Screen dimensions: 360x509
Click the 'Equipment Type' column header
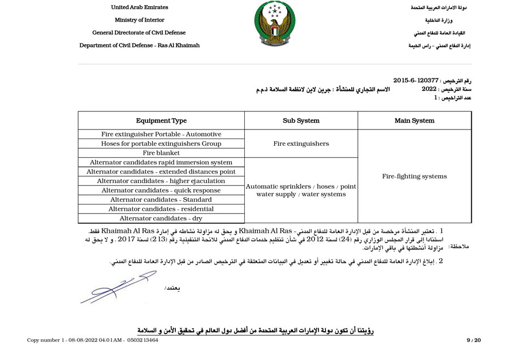pyautogui.click(x=161, y=120)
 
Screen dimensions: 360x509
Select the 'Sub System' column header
pyautogui.click(x=301, y=120)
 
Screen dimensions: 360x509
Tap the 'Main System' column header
pyautogui.click(x=415, y=120)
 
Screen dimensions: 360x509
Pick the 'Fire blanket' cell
pyautogui.click(x=161, y=153)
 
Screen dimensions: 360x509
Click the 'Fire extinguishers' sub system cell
pyautogui.click(x=301, y=144)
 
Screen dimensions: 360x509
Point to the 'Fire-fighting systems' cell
pyautogui.click(x=415, y=176)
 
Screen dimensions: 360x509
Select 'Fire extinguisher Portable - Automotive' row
pyautogui.click(x=161, y=135)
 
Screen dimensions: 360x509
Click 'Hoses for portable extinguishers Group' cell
pyautogui.click(x=161, y=144)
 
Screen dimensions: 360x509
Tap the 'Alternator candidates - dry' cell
pyautogui.click(x=161, y=218)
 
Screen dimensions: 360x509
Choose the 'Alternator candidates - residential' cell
pyautogui.click(x=161, y=209)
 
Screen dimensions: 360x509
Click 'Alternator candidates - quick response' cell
pyautogui.click(x=161, y=190)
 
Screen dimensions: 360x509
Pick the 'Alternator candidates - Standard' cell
pyautogui.click(x=161, y=199)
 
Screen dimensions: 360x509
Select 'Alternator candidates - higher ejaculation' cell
pyautogui.click(x=161, y=181)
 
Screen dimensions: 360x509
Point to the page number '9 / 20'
pyautogui.click(x=473, y=340)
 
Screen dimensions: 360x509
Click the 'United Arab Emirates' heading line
pyautogui.click(x=139, y=7)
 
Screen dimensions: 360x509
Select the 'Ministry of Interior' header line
pyautogui.click(x=139, y=20)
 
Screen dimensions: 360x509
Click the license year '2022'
pyautogui.click(x=429, y=89)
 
